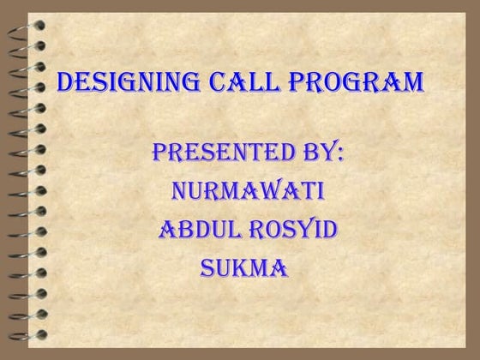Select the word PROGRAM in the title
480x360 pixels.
(x=356, y=84)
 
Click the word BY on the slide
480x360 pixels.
(x=313, y=155)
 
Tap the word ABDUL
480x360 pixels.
(x=199, y=230)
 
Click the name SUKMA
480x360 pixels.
(x=244, y=267)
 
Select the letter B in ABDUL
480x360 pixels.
(x=182, y=230)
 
